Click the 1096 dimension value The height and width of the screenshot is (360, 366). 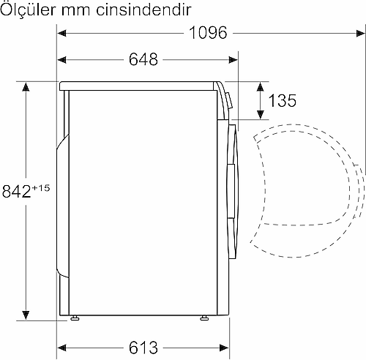(208, 33)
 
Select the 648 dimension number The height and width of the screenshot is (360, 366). (143, 59)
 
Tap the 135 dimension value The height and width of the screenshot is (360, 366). (283, 100)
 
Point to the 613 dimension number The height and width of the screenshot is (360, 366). (143, 348)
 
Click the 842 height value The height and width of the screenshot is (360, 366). (16, 191)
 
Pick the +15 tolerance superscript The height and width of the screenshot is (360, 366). (40, 188)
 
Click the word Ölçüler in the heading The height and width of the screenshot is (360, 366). (28, 10)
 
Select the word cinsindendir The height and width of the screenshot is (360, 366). (143, 10)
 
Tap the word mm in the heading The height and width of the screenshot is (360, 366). (75, 12)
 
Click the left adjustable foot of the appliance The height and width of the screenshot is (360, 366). (75, 318)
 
